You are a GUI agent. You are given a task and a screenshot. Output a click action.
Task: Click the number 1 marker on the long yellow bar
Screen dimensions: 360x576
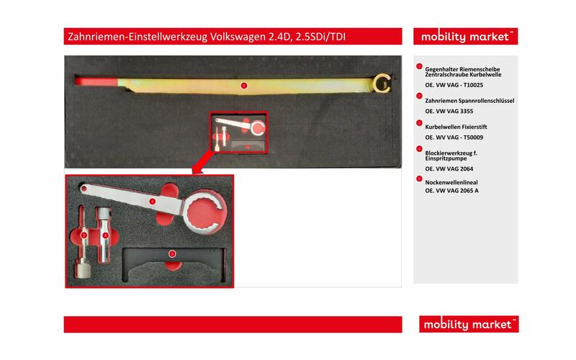[243, 85]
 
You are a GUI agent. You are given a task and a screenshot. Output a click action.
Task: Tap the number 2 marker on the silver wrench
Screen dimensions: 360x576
[152, 202]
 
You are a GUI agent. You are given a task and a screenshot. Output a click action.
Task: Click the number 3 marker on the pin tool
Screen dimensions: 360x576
[84, 234]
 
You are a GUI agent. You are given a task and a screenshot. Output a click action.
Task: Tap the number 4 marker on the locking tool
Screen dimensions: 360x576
[106, 235]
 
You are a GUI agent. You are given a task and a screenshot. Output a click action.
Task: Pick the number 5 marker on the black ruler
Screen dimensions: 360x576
[171, 253]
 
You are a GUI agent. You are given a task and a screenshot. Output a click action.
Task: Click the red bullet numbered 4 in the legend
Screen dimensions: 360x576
[419, 149]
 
